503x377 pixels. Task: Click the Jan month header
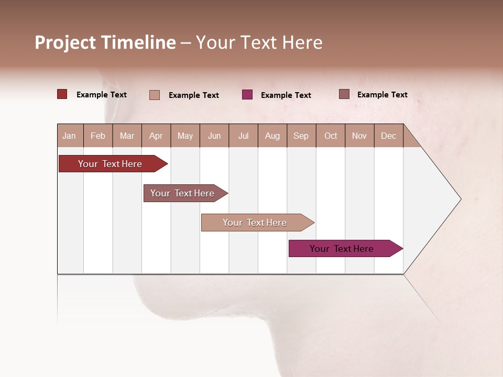pyautogui.click(x=69, y=136)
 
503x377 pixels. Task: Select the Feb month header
pyautogui.click(x=98, y=136)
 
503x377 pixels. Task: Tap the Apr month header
pyautogui.click(x=156, y=136)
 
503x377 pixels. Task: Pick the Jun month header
pyautogui.click(x=214, y=136)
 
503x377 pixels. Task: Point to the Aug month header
pyautogui.click(x=272, y=136)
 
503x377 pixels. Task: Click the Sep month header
pyautogui.click(x=301, y=136)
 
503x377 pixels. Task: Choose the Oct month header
pyautogui.click(x=331, y=136)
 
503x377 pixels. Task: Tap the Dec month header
pyautogui.click(x=388, y=136)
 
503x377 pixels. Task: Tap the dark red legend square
pyautogui.click(x=62, y=94)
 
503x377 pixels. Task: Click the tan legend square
pyautogui.click(x=155, y=95)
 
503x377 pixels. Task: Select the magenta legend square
pyautogui.click(x=247, y=95)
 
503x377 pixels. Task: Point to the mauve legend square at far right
pyautogui.click(x=344, y=94)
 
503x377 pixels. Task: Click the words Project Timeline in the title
pyautogui.click(x=105, y=42)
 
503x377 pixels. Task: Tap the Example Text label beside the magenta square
pyautogui.click(x=286, y=95)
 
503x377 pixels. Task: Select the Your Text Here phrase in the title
pyautogui.click(x=259, y=42)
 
